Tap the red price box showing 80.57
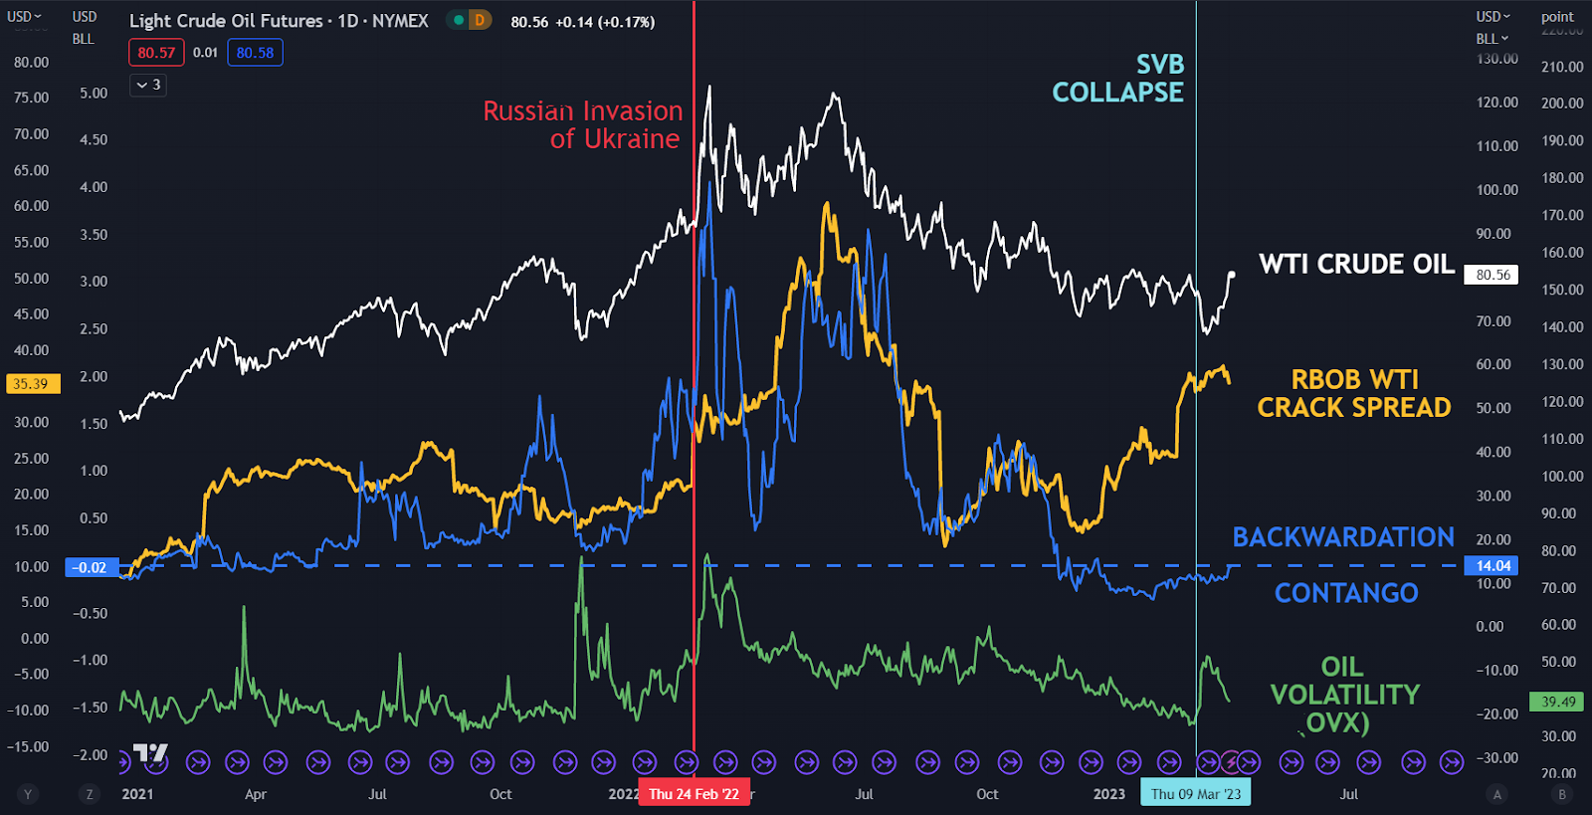point(156,53)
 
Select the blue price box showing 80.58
point(255,53)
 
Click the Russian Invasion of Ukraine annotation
point(583,125)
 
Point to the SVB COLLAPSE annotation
point(1118,79)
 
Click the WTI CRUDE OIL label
point(1356,265)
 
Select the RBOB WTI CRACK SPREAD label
point(1354,394)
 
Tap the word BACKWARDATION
point(1343,537)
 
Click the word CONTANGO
point(1346,593)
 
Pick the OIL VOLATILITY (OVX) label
point(1344,695)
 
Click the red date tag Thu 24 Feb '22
point(694,794)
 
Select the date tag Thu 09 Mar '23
point(1196,794)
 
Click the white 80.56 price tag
point(1492,275)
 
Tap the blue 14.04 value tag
point(1492,566)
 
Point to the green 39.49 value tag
point(1558,702)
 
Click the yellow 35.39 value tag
point(31,384)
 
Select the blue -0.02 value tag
point(91,567)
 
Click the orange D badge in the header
point(480,20)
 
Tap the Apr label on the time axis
point(256,794)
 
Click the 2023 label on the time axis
point(1108,794)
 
